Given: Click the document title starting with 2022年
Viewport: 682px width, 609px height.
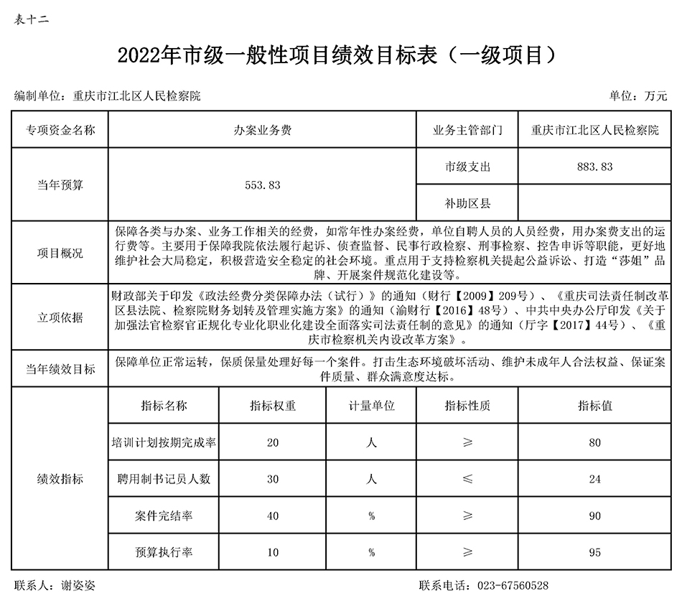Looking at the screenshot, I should tap(338, 55).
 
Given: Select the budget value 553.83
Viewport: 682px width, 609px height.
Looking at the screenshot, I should tap(262, 185).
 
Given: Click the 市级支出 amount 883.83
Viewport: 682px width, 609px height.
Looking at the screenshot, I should tap(594, 167).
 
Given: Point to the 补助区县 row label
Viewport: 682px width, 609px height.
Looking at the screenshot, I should tap(467, 204).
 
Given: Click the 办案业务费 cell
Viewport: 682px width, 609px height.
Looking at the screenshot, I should tap(262, 131).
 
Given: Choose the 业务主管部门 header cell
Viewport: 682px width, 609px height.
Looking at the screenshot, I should tap(467, 131).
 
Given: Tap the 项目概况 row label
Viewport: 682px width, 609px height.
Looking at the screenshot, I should tap(60, 253).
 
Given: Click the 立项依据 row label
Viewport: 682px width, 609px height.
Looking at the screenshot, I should tap(60, 317).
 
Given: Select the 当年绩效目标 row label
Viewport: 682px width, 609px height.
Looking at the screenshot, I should tap(60, 369).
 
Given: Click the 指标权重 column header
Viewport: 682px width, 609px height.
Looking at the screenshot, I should tap(273, 406).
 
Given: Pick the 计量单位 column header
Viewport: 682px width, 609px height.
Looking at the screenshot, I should tap(371, 406).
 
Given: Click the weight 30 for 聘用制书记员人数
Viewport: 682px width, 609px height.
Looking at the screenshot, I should tap(273, 479).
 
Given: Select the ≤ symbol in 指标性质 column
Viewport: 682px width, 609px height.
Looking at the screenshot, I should tap(468, 479).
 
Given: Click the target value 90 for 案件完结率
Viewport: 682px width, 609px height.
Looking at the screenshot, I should tap(594, 516).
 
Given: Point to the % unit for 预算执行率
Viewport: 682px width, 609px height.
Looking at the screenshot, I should tap(371, 552).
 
